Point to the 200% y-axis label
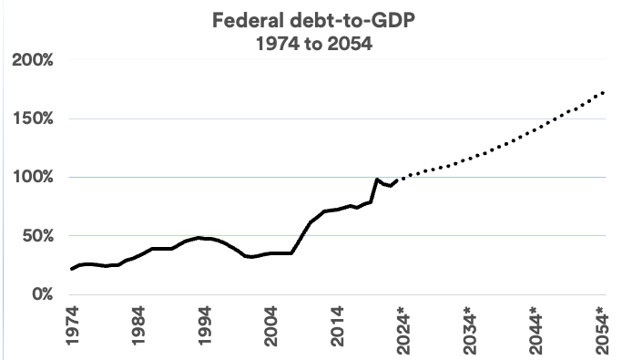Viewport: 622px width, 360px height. pos(33,61)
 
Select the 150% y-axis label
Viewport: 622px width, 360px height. pos(33,119)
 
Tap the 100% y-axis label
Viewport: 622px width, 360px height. pos(33,178)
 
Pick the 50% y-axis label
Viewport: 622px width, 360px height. pos(38,236)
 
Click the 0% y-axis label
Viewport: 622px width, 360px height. pos(43,294)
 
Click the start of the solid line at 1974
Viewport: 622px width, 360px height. pos(72,269)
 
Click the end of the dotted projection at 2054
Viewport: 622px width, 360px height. pos(604,92)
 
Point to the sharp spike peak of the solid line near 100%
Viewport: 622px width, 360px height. pos(377,180)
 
